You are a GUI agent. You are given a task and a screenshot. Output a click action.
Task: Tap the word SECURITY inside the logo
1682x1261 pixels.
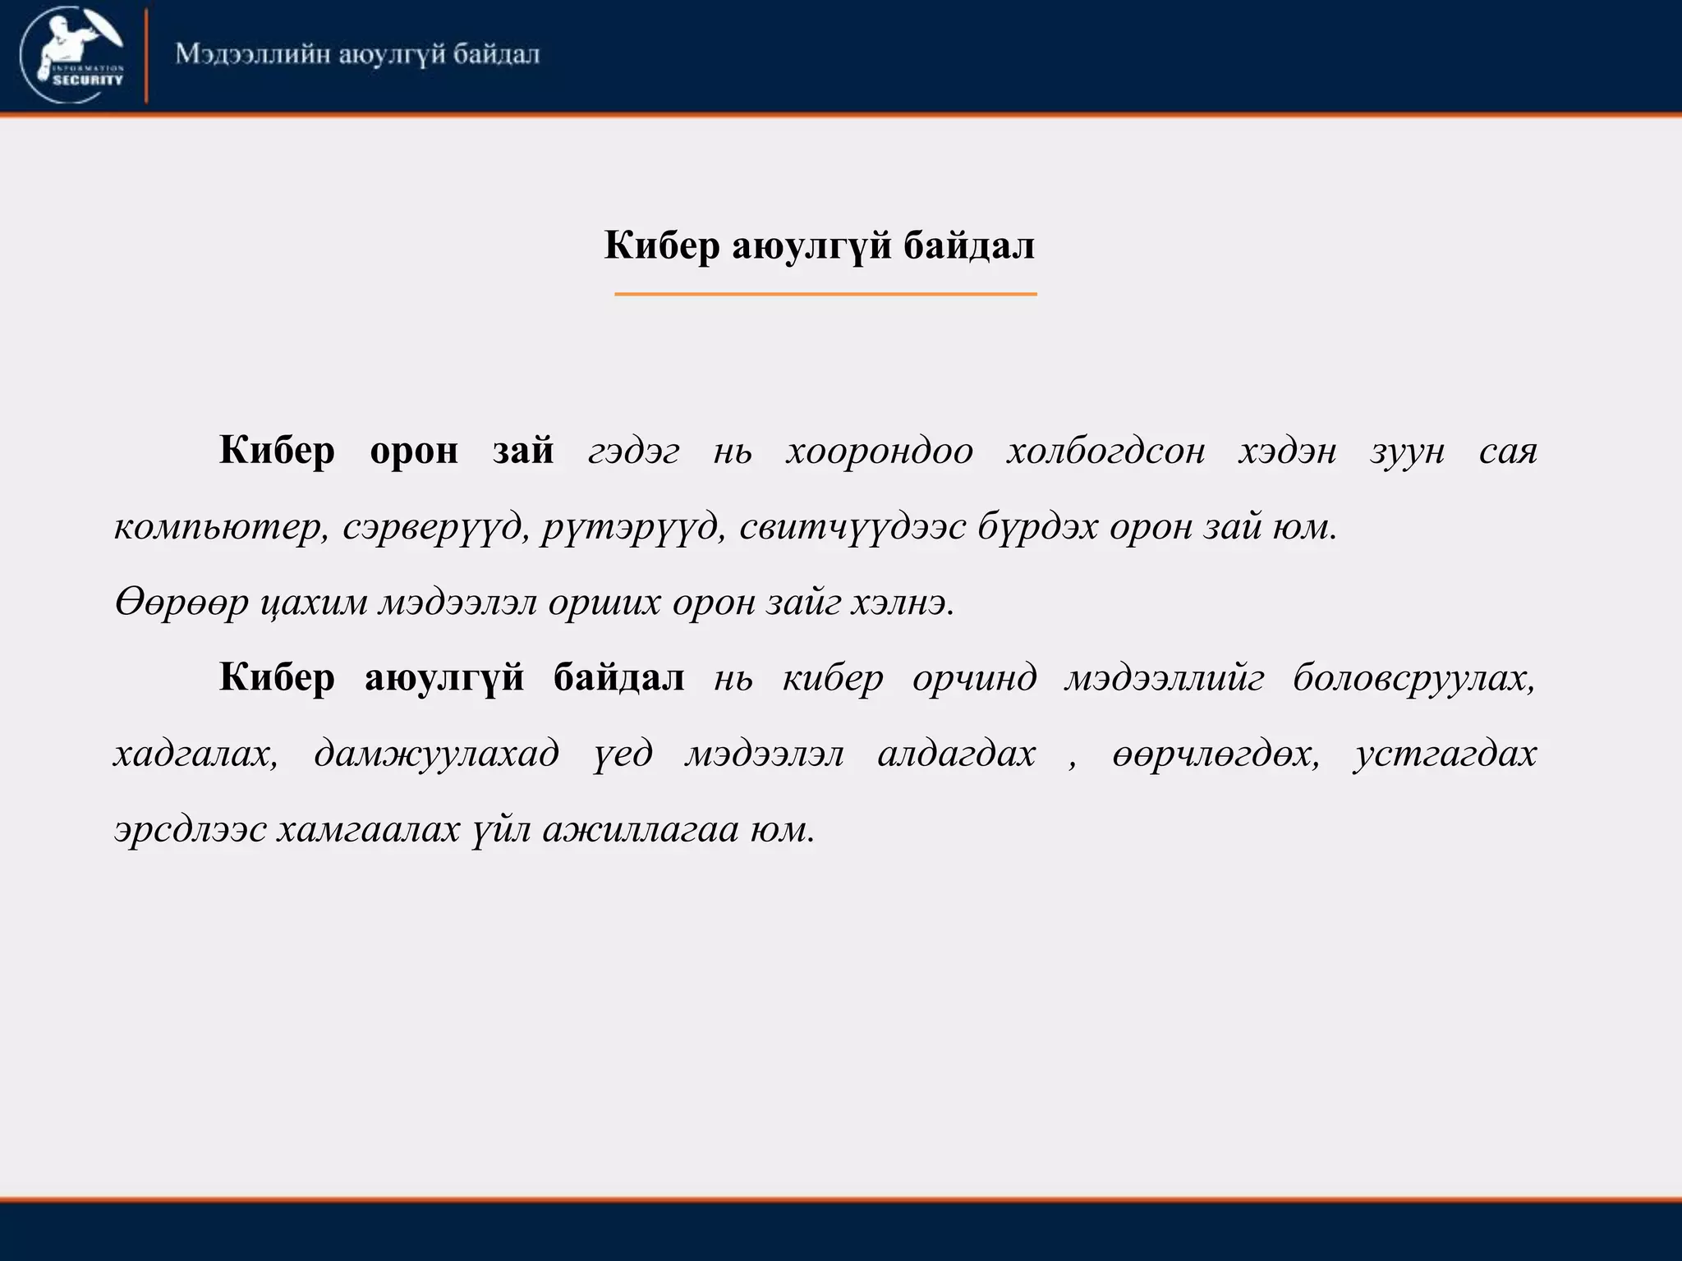(x=88, y=80)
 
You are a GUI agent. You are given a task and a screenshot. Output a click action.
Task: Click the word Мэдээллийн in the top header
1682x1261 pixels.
(x=251, y=55)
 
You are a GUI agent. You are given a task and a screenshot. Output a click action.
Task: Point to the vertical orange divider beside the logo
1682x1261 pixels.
(x=146, y=56)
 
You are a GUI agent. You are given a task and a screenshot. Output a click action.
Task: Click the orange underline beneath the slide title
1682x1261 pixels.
(x=825, y=293)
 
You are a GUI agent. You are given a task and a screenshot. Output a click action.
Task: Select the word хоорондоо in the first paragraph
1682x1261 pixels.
(x=880, y=452)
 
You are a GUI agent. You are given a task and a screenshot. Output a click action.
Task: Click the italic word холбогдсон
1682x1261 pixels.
(x=1106, y=452)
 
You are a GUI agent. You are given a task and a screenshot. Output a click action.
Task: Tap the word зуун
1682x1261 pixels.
(x=1407, y=452)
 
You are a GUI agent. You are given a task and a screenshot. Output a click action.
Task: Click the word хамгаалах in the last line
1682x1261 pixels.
(x=368, y=830)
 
